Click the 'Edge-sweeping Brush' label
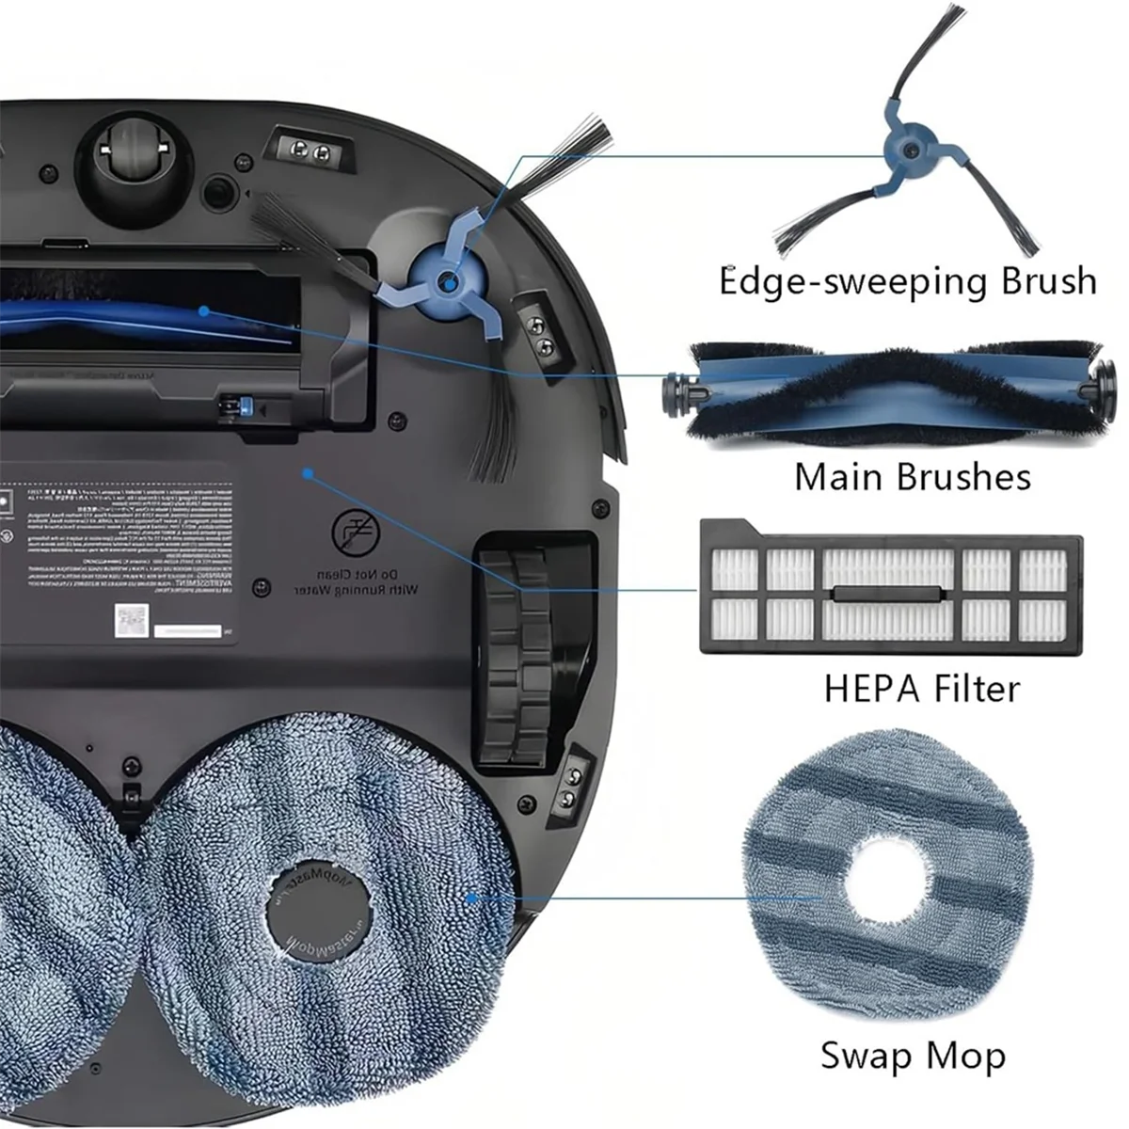click(908, 282)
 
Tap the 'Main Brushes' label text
click(912, 477)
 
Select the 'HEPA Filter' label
click(921, 689)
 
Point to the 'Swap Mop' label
click(913, 1056)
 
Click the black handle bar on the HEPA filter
click(888, 594)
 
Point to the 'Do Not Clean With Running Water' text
click(356, 580)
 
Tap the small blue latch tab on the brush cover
click(247, 407)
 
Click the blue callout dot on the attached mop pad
click(472, 898)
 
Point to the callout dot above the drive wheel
click(309, 473)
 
